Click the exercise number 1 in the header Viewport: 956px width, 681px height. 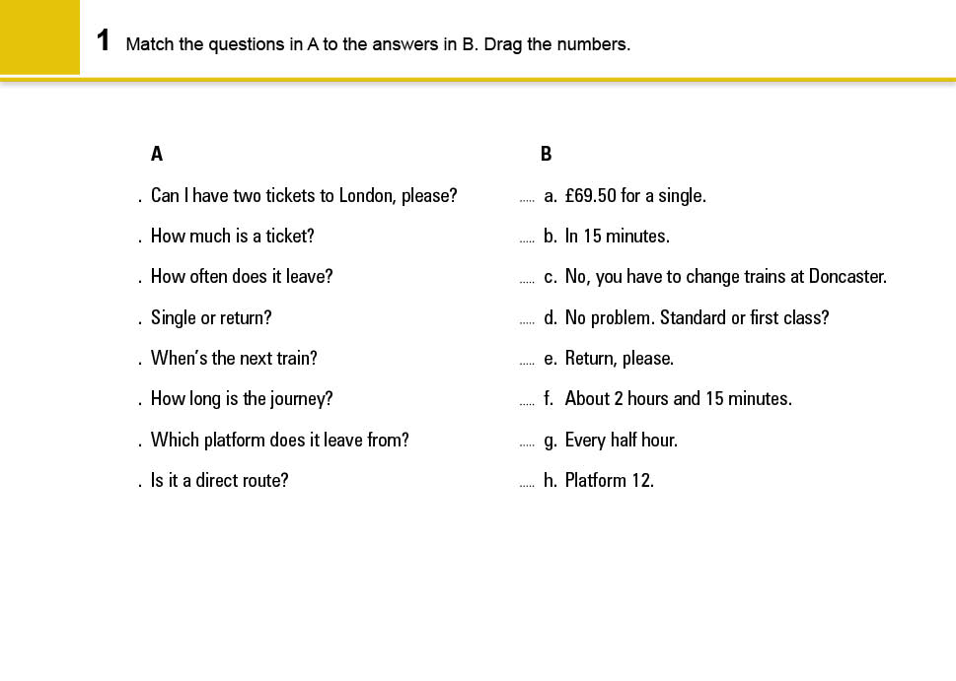click(x=103, y=41)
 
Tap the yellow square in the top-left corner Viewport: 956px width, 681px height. click(x=39, y=36)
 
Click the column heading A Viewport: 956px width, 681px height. click(x=157, y=154)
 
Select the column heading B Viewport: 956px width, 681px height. click(x=547, y=154)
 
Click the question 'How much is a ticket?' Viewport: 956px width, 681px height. click(x=232, y=237)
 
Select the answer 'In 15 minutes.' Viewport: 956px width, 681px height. click(x=617, y=237)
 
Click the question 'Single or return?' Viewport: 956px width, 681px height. click(x=210, y=318)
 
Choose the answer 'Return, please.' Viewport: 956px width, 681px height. click(x=619, y=359)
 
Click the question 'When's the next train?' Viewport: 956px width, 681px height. click(x=234, y=359)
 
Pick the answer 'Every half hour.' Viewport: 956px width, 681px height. click(x=621, y=441)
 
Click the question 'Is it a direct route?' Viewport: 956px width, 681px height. click(x=219, y=481)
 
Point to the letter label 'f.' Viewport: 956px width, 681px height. click(x=549, y=399)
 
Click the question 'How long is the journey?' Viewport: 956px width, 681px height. click(x=242, y=399)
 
